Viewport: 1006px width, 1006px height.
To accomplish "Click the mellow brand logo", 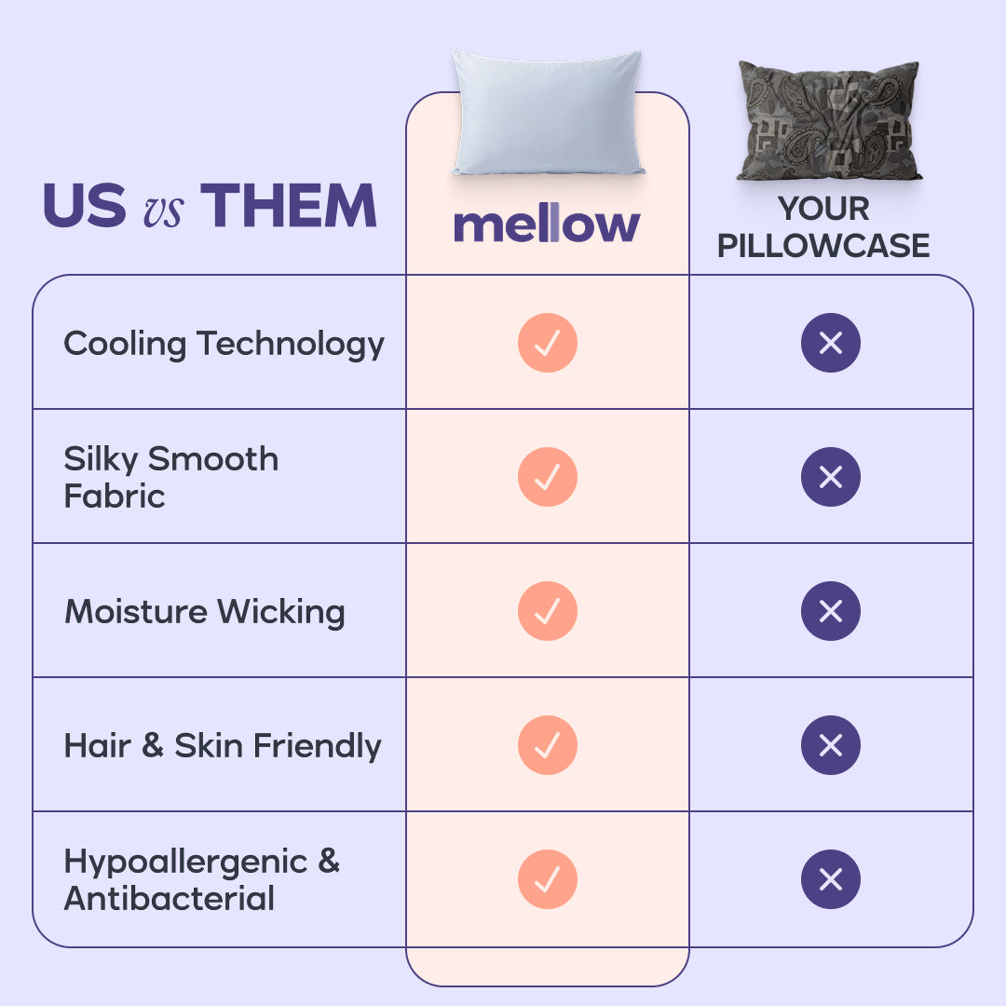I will click(547, 225).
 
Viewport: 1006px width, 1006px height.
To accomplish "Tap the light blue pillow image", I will click(548, 114).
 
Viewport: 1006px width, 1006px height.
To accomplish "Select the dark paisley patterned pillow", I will click(828, 121).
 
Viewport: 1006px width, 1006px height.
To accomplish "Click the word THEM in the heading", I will click(289, 206).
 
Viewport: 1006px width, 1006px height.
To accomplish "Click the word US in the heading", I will click(84, 206).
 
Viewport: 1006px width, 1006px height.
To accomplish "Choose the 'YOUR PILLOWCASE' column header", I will click(823, 227).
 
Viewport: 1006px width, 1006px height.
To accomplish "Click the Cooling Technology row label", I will click(224, 344).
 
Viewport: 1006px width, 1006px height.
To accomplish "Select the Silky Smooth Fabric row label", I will click(171, 477).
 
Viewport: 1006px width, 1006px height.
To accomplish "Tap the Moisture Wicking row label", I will click(205, 612).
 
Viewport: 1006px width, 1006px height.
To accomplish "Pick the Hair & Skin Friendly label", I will click(223, 746).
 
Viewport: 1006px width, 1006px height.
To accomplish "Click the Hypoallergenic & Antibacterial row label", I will click(201, 880).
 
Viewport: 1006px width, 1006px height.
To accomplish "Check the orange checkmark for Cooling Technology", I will click(548, 343).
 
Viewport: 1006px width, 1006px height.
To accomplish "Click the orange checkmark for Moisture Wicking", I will click(548, 611).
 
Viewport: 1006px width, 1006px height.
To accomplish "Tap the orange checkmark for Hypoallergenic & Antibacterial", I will click(548, 879).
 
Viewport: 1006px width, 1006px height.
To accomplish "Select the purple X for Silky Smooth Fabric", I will click(830, 477).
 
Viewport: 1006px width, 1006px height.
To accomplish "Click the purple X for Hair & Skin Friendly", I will click(830, 745).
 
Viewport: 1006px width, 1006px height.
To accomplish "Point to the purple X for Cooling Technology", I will click(830, 343).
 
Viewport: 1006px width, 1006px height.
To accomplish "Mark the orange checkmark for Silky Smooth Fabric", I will click(548, 477).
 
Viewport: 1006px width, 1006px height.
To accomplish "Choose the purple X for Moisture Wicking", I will click(830, 611).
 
